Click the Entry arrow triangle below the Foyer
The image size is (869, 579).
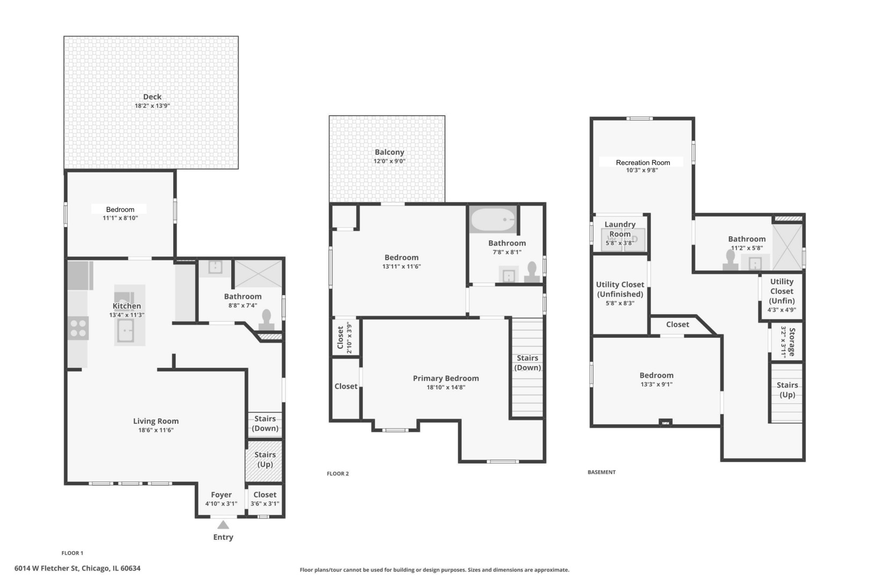(x=223, y=525)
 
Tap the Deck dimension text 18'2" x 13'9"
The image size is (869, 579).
(x=152, y=106)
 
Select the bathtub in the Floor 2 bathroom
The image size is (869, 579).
(x=492, y=220)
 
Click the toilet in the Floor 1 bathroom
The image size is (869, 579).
(x=266, y=320)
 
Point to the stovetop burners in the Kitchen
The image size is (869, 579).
(x=78, y=328)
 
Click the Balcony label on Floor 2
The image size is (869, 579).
(x=389, y=152)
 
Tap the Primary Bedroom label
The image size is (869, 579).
(x=446, y=378)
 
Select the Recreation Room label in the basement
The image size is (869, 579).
(x=643, y=162)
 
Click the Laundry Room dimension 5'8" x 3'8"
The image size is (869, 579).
(x=620, y=243)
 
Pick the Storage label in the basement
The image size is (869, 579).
(x=792, y=342)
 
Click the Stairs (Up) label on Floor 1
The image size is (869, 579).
(x=265, y=459)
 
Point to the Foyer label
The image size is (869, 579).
(x=221, y=494)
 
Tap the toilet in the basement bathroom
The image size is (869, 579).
(x=730, y=260)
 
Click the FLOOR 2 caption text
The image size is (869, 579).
(x=337, y=473)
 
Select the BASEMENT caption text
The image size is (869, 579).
(x=601, y=472)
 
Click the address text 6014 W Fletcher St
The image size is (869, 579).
(x=47, y=568)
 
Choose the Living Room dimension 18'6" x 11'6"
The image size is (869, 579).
(x=156, y=430)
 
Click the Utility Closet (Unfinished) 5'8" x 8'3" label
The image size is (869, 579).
(x=620, y=294)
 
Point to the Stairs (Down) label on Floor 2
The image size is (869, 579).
(x=527, y=362)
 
